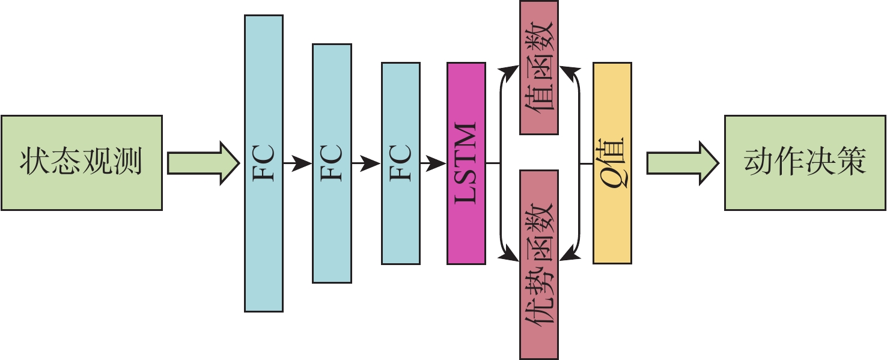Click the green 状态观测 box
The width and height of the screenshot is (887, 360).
(81, 162)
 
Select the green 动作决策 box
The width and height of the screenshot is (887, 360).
(805, 162)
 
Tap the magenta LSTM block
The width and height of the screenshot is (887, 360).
(466, 163)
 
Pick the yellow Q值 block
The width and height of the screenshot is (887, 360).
(612, 163)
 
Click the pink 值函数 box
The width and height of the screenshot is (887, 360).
(538, 67)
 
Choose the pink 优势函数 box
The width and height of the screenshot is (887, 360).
(538, 264)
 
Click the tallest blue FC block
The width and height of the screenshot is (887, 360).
(263, 163)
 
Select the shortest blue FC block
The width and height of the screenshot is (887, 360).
(400, 163)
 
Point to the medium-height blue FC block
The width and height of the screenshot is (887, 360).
(332, 163)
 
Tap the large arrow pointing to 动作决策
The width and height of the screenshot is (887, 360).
(682, 162)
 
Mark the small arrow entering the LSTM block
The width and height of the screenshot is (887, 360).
(433, 162)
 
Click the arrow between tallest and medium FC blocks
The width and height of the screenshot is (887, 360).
(297, 162)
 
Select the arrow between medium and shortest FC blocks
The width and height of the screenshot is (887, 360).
(366, 162)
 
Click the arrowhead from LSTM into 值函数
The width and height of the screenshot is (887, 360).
(510, 71)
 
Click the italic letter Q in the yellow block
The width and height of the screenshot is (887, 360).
(613, 177)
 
